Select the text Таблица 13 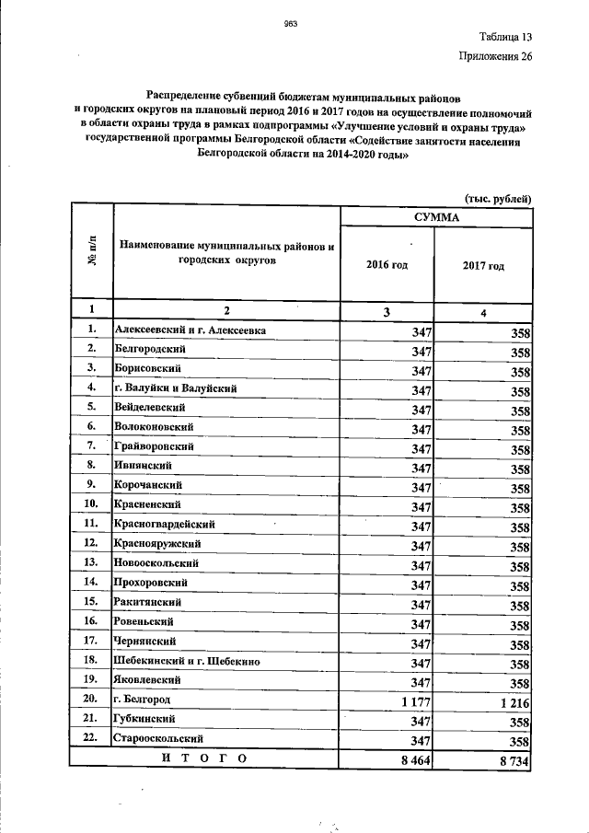coord(504,38)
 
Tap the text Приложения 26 coord(495,57)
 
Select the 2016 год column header coord(387,265)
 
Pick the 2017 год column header coord(483,266)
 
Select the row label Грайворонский coord(154,445)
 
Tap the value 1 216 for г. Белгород coord(512,702)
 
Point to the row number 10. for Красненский coord(91,504)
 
